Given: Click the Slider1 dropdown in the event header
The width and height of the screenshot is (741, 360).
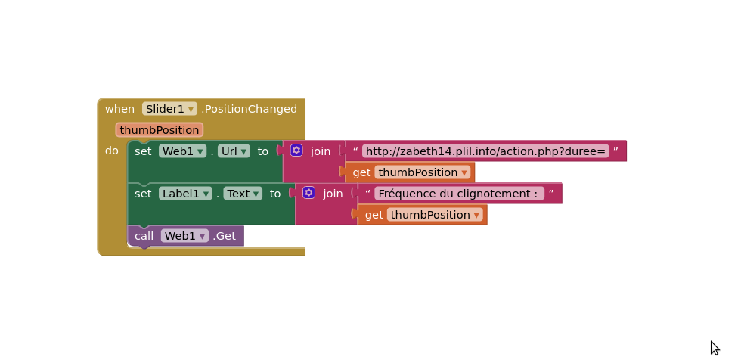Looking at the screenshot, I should pos(169,109).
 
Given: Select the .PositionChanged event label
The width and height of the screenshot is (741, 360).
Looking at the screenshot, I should pos(250,109).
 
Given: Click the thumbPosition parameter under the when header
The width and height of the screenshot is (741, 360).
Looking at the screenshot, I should pos(160,130).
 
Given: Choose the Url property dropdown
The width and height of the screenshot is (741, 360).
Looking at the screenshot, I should pos(234,151).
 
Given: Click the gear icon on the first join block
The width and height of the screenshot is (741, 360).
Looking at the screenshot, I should pos(296,151).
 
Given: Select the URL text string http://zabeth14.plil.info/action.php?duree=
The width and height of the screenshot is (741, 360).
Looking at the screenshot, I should pos(486,151).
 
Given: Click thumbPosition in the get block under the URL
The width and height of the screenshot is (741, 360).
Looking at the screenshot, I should pos(423,172).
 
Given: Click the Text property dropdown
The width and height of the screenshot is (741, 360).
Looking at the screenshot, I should pos(243,194).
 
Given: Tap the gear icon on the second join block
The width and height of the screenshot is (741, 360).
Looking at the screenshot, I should pos(308,193).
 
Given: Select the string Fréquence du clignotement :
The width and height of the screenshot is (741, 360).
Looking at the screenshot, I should pos(459,194).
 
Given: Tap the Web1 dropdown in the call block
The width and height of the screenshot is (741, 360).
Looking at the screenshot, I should pos(184,236).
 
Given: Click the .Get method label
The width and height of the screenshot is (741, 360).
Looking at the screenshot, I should pos(224,236).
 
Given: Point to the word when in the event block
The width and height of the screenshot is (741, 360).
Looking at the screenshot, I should pos(119,109).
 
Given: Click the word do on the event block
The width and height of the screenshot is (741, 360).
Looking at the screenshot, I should pos(111,151).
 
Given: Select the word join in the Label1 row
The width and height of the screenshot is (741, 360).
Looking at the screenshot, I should pos(333,194).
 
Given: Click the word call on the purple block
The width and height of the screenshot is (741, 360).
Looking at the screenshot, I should pos(144,236).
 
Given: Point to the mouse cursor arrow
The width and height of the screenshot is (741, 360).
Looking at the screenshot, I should pos(714,348).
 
